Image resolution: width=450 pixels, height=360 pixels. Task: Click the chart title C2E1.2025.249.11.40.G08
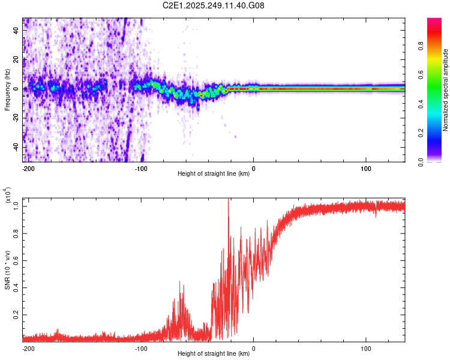tap(214, 5)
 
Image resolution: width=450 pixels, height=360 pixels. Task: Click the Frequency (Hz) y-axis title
tap(7, 90)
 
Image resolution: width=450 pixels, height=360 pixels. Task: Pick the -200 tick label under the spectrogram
tap(28, 169)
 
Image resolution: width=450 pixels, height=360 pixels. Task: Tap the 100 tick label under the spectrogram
tap(366, 169)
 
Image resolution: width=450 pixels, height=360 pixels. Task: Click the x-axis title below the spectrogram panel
tap(214, 174)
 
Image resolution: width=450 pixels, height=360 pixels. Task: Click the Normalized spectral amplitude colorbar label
tap(446, 90)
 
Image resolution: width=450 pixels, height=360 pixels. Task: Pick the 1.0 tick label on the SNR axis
tap(16, 205)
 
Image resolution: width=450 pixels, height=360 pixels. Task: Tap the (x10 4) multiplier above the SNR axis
tap(7, 196)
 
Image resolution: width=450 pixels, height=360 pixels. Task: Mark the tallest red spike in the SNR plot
tap(228, 200)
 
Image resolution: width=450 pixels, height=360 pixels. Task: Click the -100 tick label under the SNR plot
tap(140, 349)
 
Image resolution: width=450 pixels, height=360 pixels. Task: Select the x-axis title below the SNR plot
tap(214, 354)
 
